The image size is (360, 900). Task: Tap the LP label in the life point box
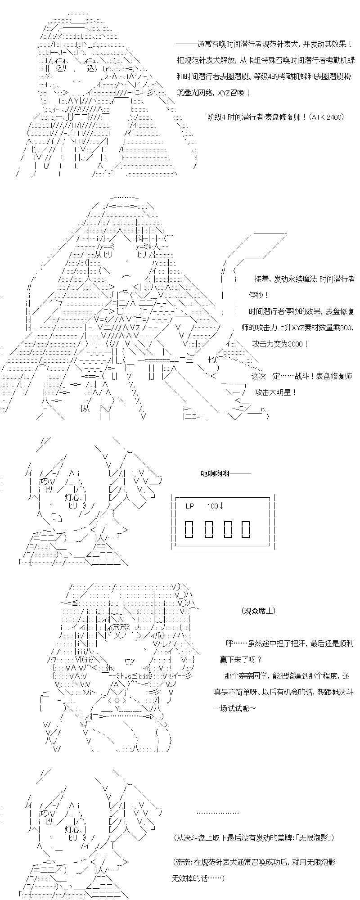coord(189,506)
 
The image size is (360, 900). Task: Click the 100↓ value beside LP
coord(216,506)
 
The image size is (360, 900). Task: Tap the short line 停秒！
coord(259,295)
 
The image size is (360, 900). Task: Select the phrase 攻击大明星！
coord(276,392)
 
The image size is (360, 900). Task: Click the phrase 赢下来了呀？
coord(243,660)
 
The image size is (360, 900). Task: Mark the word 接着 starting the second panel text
coord(262,279)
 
